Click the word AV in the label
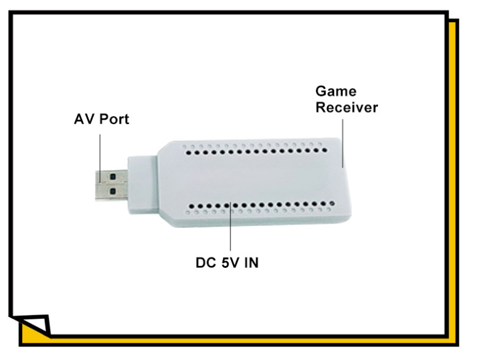(x=84, y=119)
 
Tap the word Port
(x=114, y=119)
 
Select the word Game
(x=336, y=91)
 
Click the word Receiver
(x=347, y=108)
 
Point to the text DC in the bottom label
(x=206, y=263)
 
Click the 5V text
(x=230, y=263)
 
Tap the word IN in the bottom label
(x=251, y=263)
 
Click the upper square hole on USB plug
(x=112, y=177)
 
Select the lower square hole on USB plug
(x=112, y=191)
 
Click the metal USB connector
(x=111, y=185)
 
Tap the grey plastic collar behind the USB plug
(x=143, y=185)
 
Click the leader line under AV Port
(x=100, y=158)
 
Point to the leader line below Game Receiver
(x=343, y=144)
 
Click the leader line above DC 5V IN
(x=230, y=227)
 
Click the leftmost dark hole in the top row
(x=189, y=152)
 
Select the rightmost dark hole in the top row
(x=324, y=151)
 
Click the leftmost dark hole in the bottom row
(x=192, y=206)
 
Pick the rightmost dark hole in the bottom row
(x=332, y=203)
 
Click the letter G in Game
(x=321, y=91)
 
